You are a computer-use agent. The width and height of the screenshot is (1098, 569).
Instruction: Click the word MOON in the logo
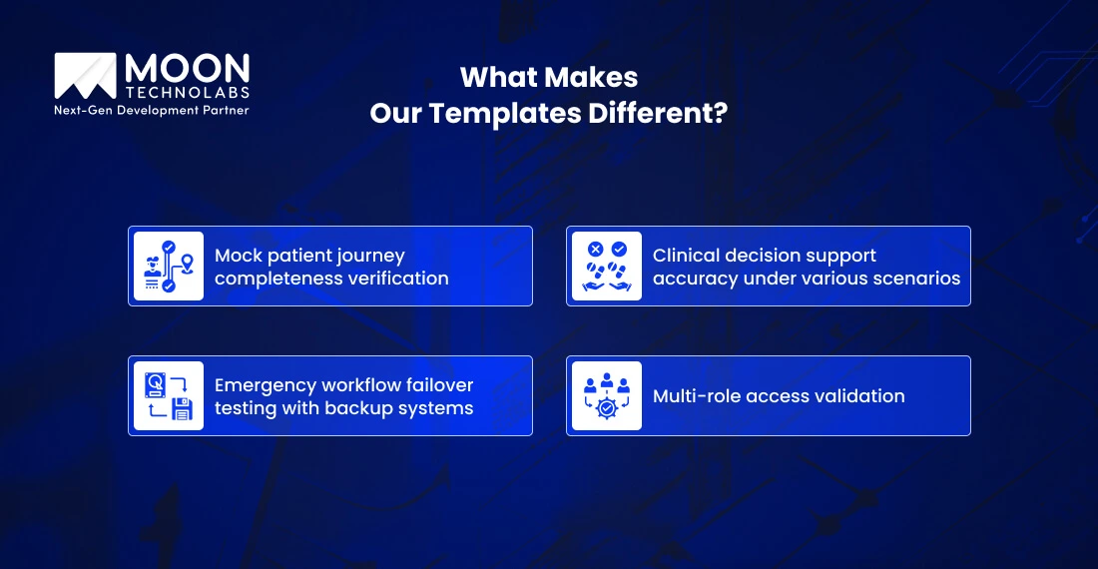(x=187, y=69)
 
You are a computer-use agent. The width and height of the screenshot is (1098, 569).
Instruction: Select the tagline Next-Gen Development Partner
(x=152, y=111)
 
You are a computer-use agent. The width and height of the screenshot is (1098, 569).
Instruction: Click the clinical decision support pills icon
(x=607, y=267)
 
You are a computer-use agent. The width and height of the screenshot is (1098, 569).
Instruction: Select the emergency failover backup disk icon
(x=169, y=396)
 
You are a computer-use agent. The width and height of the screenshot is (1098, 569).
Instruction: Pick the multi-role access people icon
(x=607, y=396)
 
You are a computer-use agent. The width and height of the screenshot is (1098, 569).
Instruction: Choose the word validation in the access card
(x=858, y=396)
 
